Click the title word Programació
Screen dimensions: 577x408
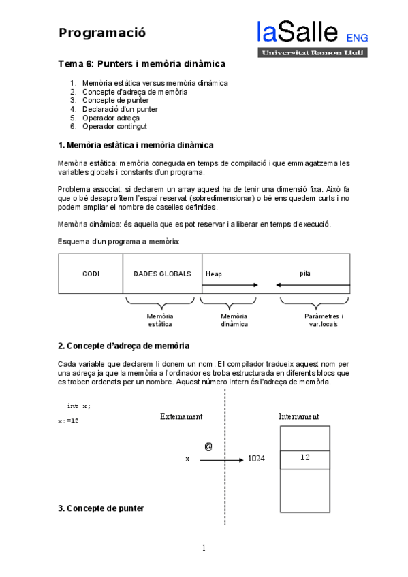[101, 33]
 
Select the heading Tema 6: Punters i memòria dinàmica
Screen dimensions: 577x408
[141, 65]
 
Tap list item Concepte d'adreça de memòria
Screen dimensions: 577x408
[135, 92]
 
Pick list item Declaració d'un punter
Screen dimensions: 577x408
[120, 109]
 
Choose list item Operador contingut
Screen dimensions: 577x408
[114, 126]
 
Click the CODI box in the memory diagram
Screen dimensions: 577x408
[91, 274]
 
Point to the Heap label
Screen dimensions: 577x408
[214, 274]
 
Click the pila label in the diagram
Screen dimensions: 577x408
[304, 273]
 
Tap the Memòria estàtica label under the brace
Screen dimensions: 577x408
[160, 320]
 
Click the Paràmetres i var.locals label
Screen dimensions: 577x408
[324, 320]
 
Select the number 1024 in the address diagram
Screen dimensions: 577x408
[256, 459]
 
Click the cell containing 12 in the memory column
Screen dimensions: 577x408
[304, 459]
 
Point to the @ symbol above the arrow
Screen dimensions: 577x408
[208, 446]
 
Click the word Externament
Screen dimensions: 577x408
[181, 416]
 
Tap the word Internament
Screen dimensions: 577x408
[298, 416]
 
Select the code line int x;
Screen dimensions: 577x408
[78, 406]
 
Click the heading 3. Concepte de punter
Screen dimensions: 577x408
[101, 508]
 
